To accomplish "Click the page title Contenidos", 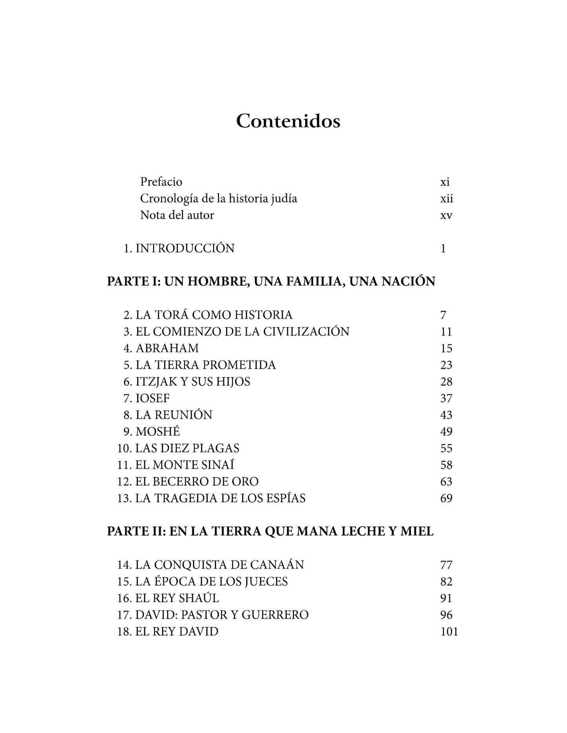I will click(x=288, y=121).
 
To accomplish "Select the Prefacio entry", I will click(x=161, y=182).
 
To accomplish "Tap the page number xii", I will click(x=447, y=199).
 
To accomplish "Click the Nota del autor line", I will click(x=177, y=215).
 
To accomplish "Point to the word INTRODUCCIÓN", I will click(x=185, y=249).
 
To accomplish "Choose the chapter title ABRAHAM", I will click(x=167, y=348).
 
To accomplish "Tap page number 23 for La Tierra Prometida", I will click(x=447, y=365).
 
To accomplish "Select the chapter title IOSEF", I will click(x=153, y=398).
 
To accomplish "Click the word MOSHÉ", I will click(x=158, y=432).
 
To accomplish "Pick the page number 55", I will click(x=447, y=448).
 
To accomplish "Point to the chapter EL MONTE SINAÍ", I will click(x=184, y=465).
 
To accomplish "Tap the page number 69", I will click(x=447, y=498).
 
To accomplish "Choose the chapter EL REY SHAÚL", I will click(x=177, y=598).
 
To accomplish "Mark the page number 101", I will click(x=449, y=631).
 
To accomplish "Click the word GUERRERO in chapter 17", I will click(x=275, y=615).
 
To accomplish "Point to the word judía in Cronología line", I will click(x=284, y=199).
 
